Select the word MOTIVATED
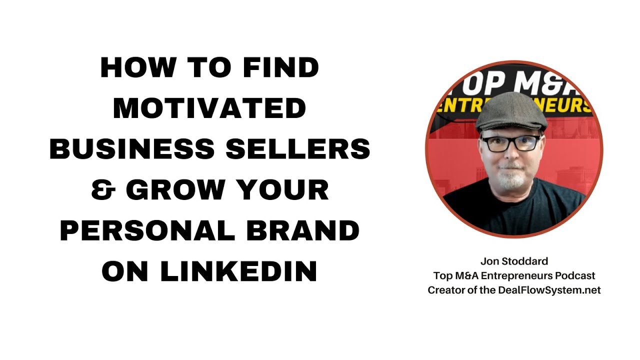point(209,109)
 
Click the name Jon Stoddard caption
point(514,261)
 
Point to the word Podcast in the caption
point(575,275)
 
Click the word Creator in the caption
point(444,290)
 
